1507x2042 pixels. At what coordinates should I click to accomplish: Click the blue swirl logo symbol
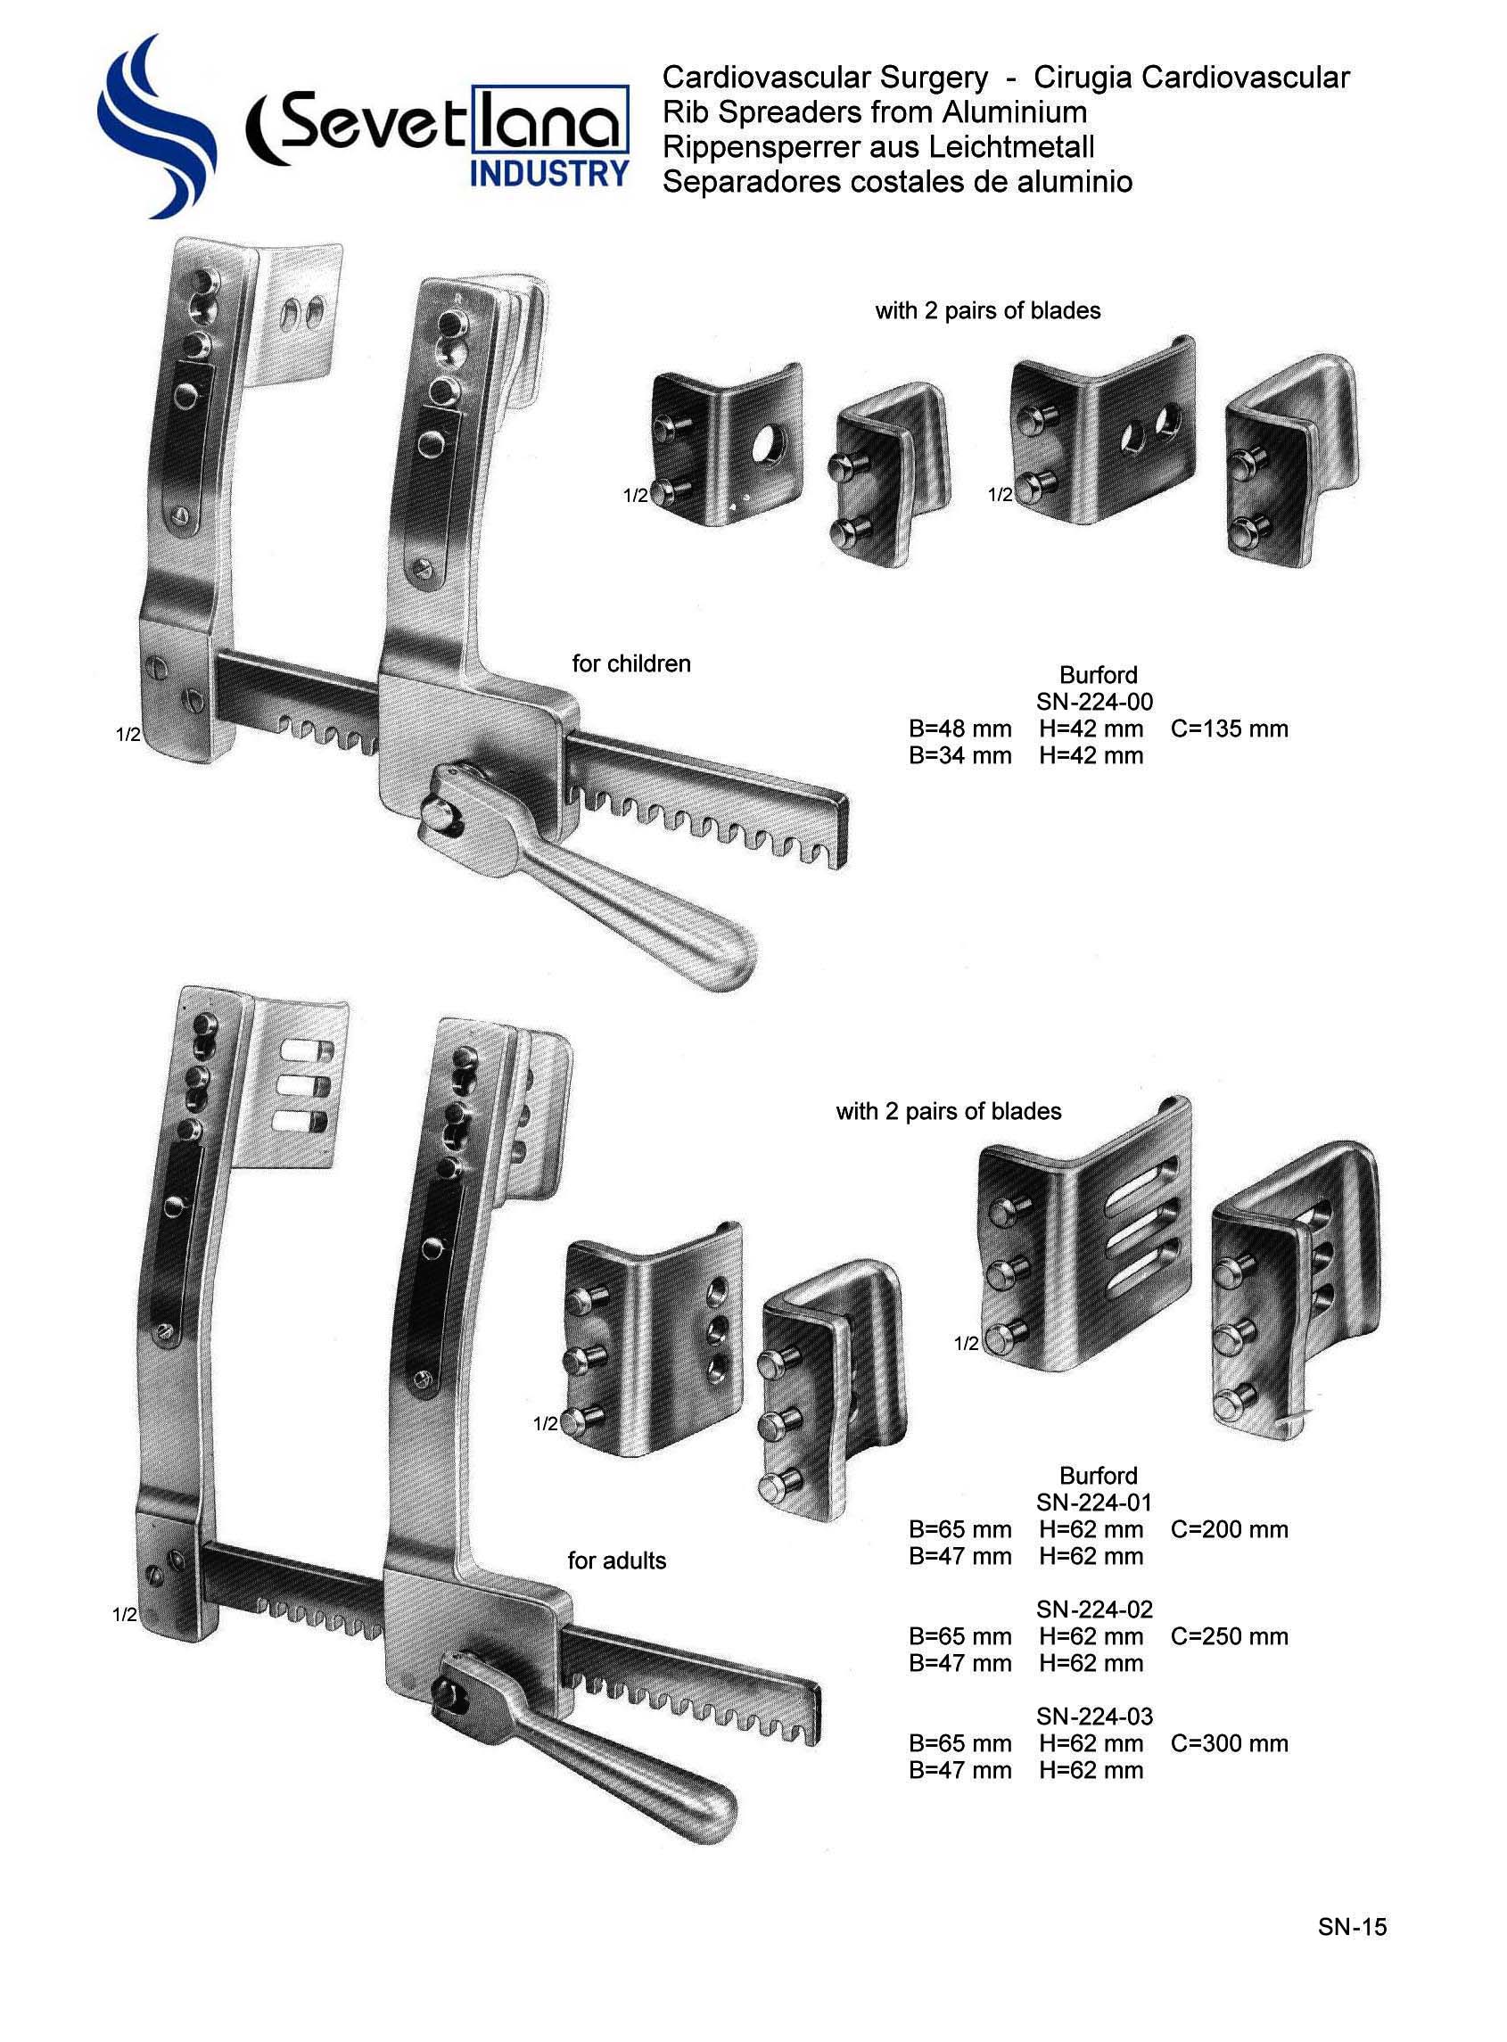click(x=155, y=128)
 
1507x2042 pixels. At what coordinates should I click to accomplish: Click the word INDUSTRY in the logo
click(x=549, y=173)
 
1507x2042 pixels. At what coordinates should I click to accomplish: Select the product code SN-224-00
click(x=1094, y=702)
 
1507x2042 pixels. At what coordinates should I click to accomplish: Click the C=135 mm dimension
click(x=1229, y=729)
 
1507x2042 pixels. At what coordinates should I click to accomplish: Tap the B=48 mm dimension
click(x=959, y=729)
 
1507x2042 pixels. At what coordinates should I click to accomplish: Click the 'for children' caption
click(x=631, y=663)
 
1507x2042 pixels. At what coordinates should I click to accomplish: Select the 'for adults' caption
click(x=617, y=1560)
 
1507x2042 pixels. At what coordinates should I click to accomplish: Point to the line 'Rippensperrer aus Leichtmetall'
click(x=877, y=147)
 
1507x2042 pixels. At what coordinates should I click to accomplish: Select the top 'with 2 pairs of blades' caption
click(x=987, y=311)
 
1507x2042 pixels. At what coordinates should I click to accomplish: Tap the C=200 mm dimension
click(x=1229, y=1529)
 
